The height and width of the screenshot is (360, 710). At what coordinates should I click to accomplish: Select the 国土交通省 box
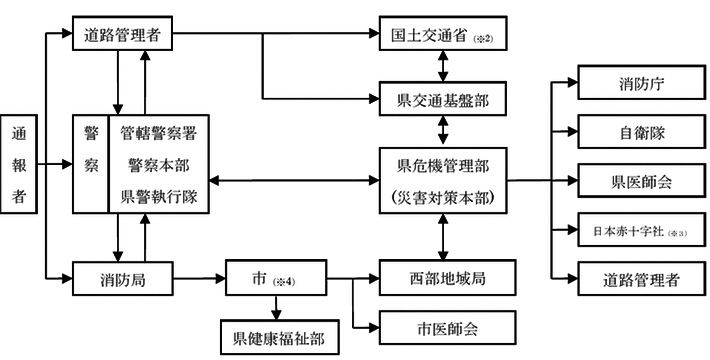tap(441, 35)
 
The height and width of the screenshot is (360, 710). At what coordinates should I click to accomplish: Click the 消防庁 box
tap(631, 83)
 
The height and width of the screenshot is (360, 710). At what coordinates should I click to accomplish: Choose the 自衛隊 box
tap(631, 132)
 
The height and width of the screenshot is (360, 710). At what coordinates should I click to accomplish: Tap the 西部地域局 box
tap(441, 277)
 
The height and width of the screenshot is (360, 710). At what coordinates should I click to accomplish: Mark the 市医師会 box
tap(441, 326)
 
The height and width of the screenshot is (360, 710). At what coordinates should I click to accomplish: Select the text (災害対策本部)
tap(441, 195)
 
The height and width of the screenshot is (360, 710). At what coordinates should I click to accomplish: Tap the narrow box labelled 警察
tap(90, 163)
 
